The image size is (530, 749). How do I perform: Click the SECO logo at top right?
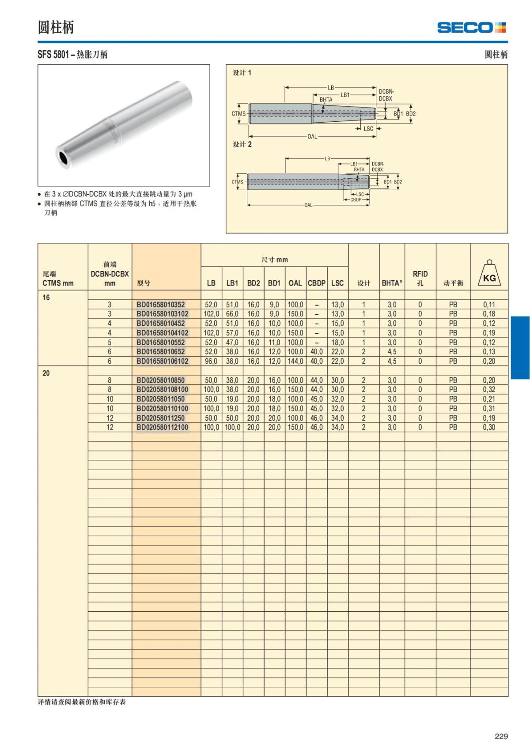pyautogui.click(x=471, y=28)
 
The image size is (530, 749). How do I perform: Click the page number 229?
pyautogui.click(x=501, y=736)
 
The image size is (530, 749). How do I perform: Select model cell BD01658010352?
pyautogui.click(x=161, y=305)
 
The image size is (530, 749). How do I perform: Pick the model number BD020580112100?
pyautogui.click(x=162, y=427)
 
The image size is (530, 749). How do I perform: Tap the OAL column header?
pyautogui.click(x=295, y=283)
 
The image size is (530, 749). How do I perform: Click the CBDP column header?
pyautogui.click(x=317, y=283)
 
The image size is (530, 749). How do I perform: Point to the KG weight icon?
pyautogui.click(x=489, y=275)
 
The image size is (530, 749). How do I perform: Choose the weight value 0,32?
pyautogui.click(x=489, y=390)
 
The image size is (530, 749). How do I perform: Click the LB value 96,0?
pyautogui.click(x=211, y=361)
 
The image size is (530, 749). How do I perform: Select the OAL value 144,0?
pyautogui.click(x=295, y=361)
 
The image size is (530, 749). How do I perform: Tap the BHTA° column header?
pyautogui.click(x=392, y=283)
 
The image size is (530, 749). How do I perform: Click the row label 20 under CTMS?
pyautogui.click(x=46, y=373)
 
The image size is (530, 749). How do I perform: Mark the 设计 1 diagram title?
pyautogui.click(x=242, y=73)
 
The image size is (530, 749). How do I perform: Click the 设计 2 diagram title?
pyautogui.click(x=242, y=144)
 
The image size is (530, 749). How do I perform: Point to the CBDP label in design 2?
pyautogui.click(x=356, y=200)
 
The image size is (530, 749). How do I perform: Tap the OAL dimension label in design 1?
pyautogui.click(x=312, y=136)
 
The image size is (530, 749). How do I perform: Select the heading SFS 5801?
pyautogui.click(x=53, y=55)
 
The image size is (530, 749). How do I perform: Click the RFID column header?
pyautogui.click(x=420, y=278)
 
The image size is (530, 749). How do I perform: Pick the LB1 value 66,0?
pyautogui.click(x=232, y=314)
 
